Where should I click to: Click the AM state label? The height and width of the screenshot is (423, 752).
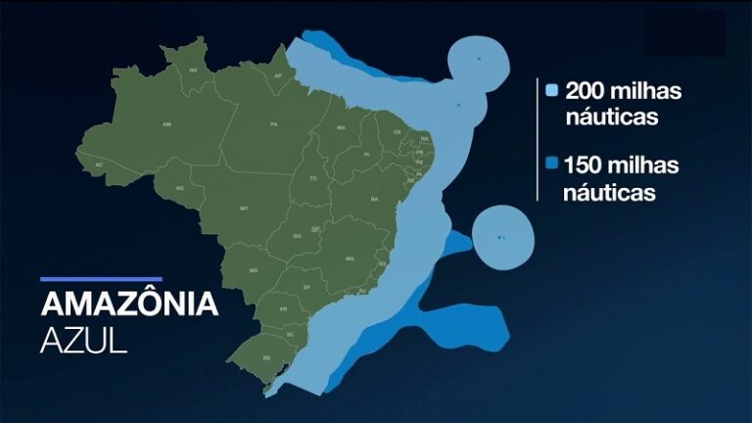[x=166, y=125]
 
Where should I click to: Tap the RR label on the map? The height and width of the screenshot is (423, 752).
[x=194, y=70]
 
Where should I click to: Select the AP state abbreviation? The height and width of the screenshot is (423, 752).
[x=278, y=75]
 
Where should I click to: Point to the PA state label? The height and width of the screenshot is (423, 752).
[x=275, y=124]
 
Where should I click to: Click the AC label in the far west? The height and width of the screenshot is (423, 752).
[x=99, y=164]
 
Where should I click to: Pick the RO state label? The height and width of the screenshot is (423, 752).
[x=180, y=187]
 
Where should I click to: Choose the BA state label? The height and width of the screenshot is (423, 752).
[x=374, y=199]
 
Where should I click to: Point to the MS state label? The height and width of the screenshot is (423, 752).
[x=254, y=270]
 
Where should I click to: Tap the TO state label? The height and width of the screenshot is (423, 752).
[x=313, y=178]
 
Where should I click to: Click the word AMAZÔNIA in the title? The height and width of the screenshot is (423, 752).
[x=129, y=304]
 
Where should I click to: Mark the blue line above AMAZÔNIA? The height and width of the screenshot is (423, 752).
[x=101, y=279]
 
